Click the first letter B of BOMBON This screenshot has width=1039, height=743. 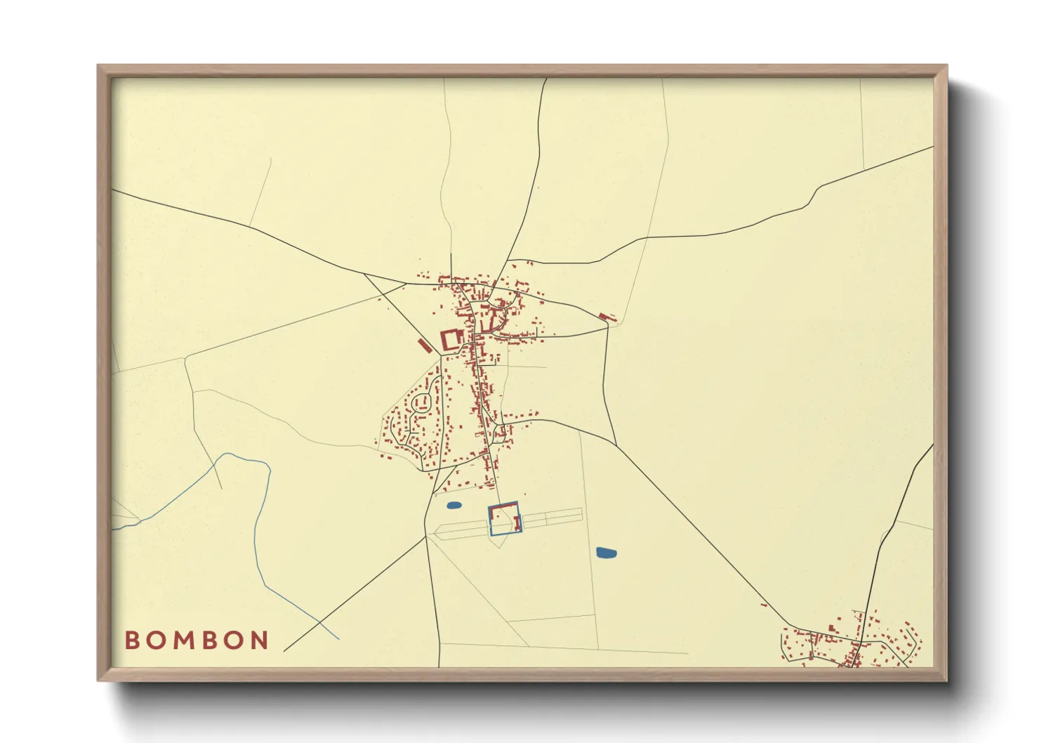[x=132, y=640]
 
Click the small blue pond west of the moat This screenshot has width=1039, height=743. [x=454, y=505]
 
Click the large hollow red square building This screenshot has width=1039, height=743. [x=450, y=340]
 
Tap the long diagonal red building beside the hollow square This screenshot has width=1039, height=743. [x=423, y=346]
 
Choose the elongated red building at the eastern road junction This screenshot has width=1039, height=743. [x=607, y=317]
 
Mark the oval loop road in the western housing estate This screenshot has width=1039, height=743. [x=422, y=402]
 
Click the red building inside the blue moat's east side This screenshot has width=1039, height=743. [x=518, y=522]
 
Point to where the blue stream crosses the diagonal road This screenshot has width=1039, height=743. [x=320, y=623]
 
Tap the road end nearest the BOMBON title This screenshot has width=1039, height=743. [x=284, y=651]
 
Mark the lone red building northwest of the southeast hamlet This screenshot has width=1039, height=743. [x=764, y=604]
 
